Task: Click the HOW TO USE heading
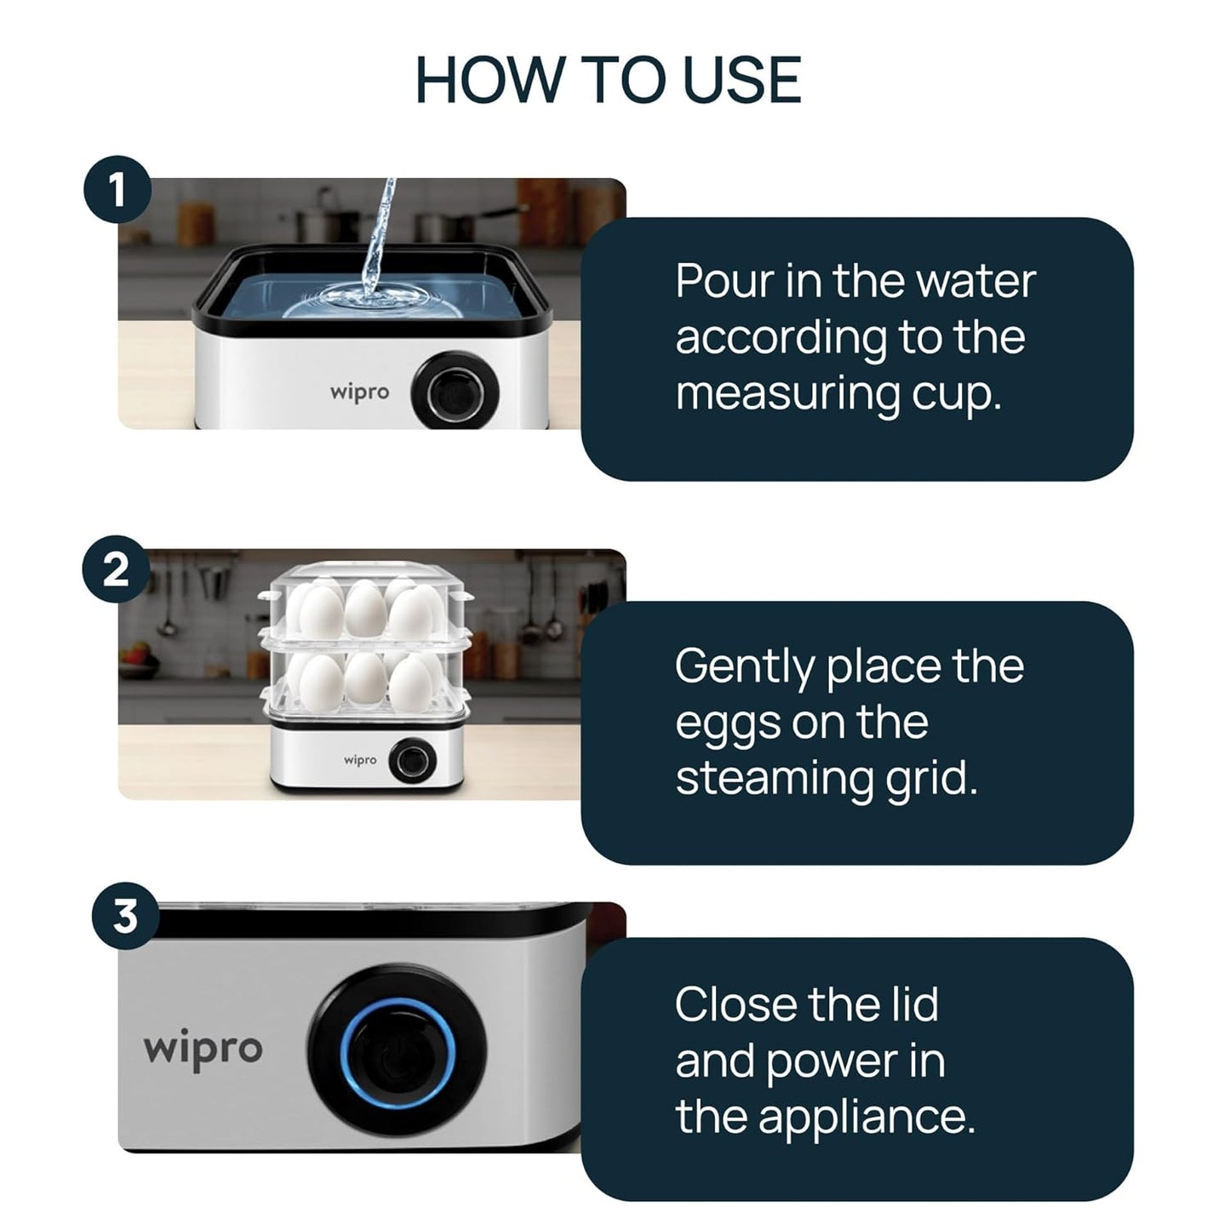coord(608,80)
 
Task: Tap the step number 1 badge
coord(117,189)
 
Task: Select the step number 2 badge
coord(117,569)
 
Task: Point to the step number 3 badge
coord(125,918)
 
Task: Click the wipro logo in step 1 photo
coord(359,392)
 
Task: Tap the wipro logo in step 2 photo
coord(360,759)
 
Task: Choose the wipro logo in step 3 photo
coord(203,1049)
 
